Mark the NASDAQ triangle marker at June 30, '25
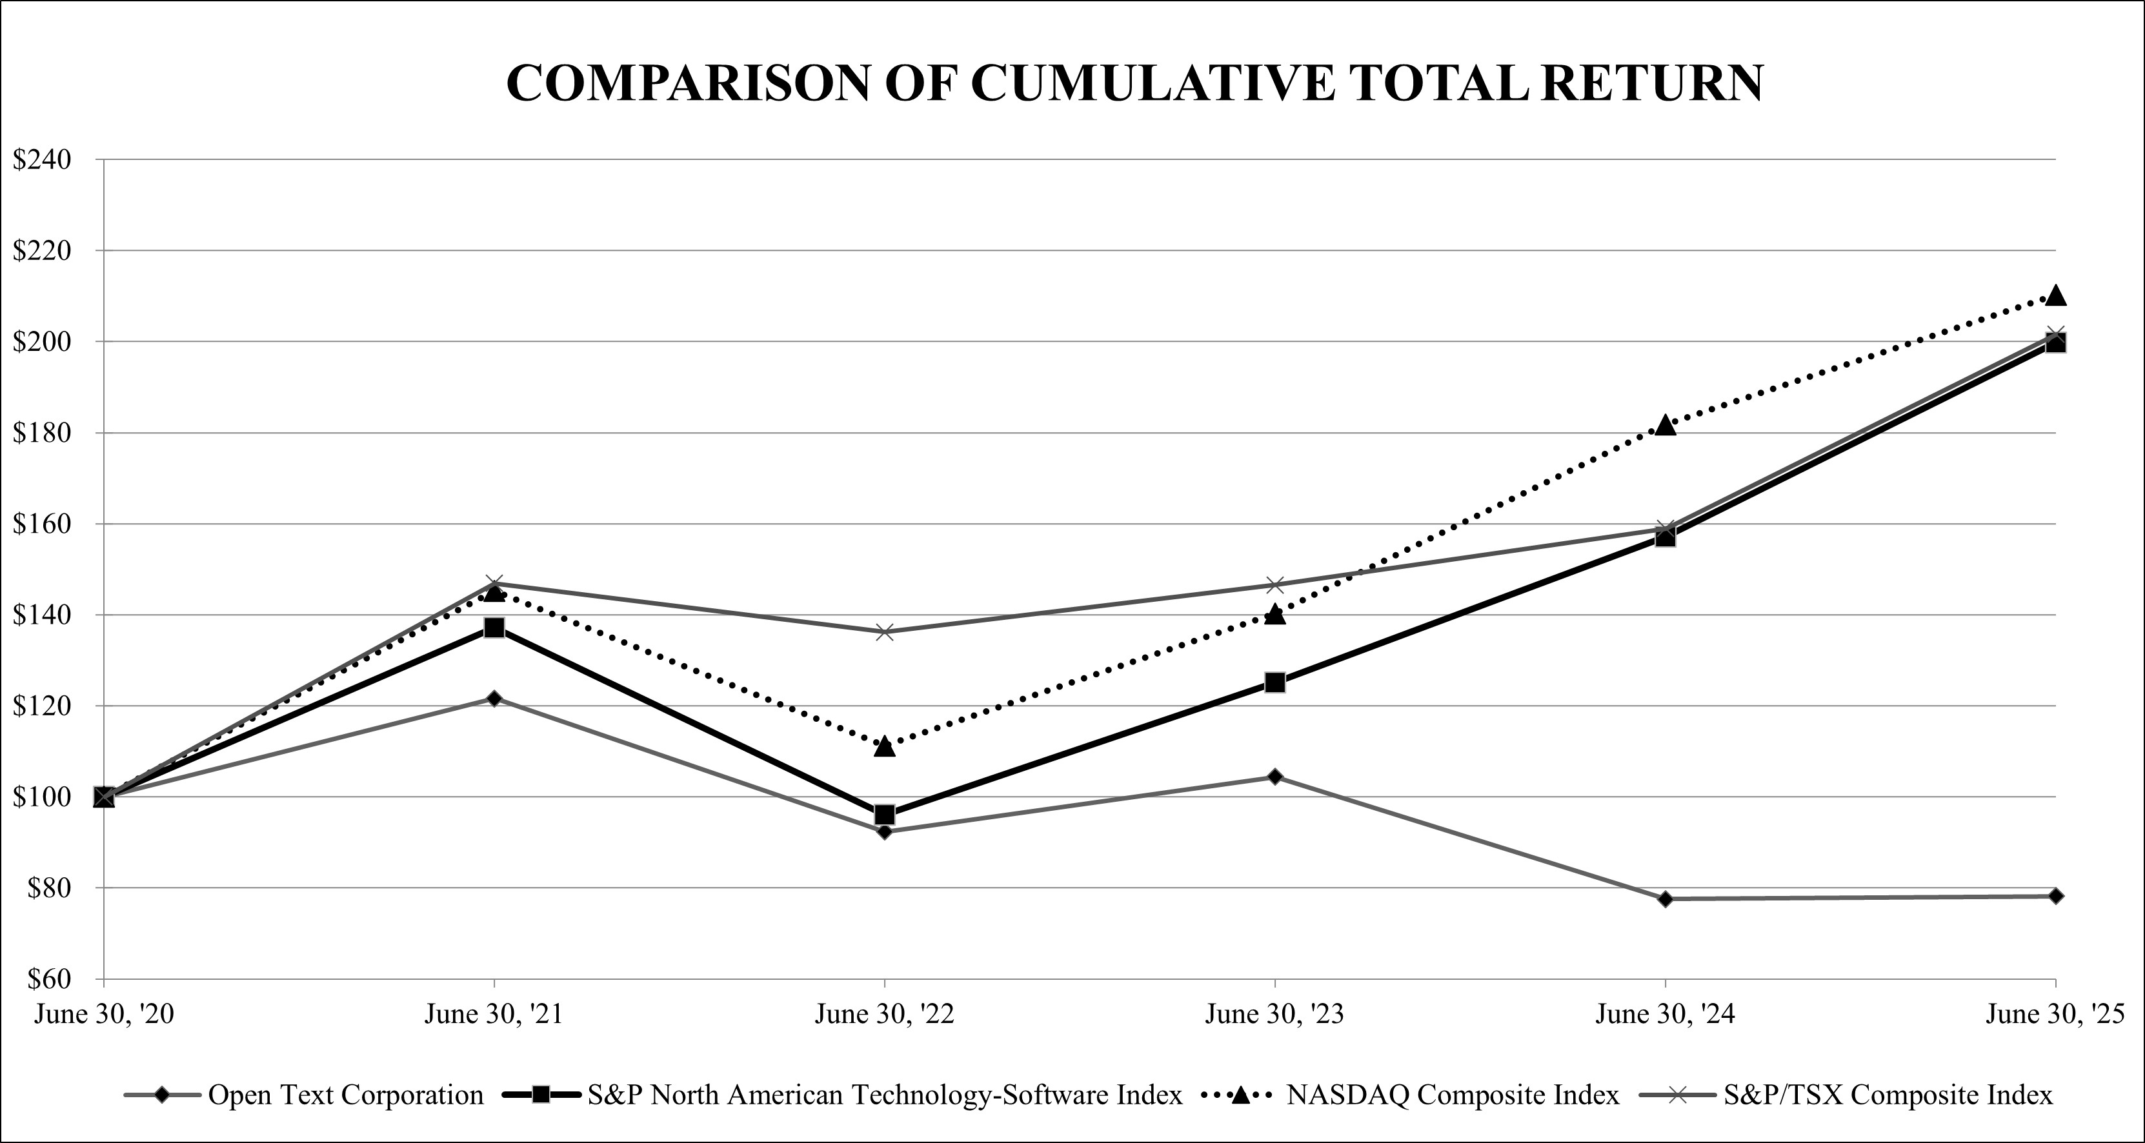point(2056,295)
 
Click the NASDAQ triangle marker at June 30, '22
point(884,746)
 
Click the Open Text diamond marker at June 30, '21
point(494,699)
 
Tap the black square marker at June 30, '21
point(494,628)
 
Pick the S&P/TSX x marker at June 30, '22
point(884,633)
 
